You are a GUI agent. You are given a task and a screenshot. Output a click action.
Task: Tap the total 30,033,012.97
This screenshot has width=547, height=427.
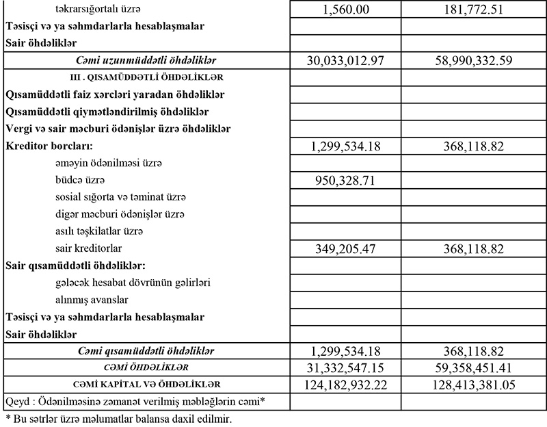click(x=346, y=60)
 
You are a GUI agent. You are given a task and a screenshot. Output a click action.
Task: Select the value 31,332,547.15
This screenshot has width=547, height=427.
click(x=346, y=367)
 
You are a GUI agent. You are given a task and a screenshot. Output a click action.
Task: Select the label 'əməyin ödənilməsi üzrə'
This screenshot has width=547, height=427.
click(x=109, y=164)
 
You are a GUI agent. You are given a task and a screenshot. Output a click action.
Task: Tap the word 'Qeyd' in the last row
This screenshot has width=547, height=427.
click(x=16, y=400)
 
